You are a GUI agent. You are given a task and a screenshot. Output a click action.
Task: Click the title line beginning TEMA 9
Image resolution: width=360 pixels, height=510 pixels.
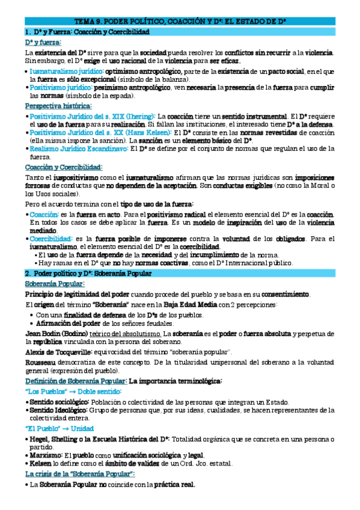point(180,21)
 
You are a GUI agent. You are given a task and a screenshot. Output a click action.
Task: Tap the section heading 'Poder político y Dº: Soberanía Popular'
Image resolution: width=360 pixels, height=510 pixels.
point(87,274)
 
